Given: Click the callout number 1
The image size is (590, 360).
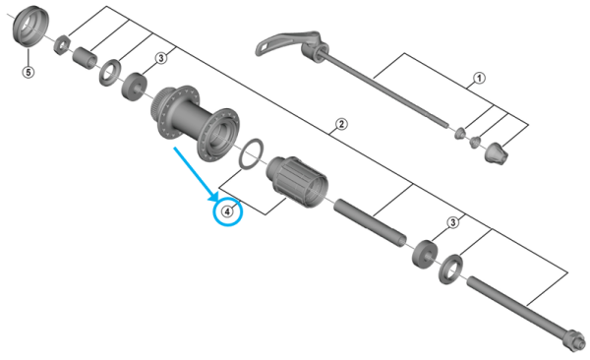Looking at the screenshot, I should click(480, 78).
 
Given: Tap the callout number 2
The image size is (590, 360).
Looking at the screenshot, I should click(340, 124).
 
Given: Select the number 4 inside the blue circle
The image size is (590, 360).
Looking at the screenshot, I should click(228, 210).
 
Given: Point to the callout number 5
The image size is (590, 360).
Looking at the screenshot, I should click(28, 72).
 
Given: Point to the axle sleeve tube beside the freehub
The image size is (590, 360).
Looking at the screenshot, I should click(369, 222).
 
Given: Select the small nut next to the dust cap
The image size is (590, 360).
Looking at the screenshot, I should click(61, 43).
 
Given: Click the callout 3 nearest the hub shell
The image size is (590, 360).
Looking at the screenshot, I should click(158, 59).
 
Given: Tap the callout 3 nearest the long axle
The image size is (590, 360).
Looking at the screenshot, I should click(451, 222).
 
